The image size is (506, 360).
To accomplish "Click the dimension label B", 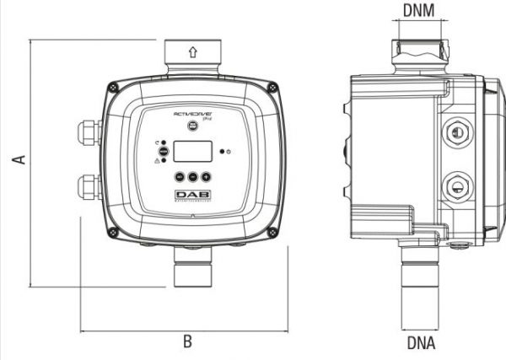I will click(x=187, y=341).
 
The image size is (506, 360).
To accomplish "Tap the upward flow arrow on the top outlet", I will click(x=193, y=51).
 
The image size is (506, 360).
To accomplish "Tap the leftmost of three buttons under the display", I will click(x=180, y=178).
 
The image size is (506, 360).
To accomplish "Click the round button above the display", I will click(x=192, y=124).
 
